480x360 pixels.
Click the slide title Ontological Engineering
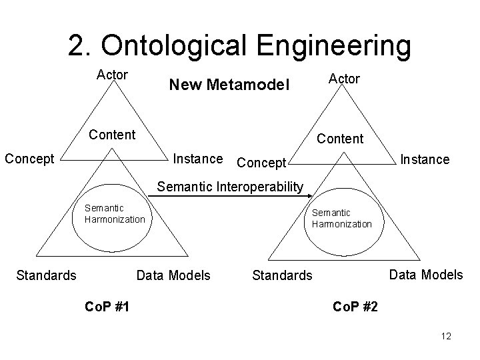239,45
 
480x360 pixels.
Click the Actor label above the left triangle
112,74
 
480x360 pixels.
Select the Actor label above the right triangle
343,79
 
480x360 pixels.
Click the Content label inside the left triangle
112,135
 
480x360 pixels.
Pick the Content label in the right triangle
340,139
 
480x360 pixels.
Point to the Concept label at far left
29,159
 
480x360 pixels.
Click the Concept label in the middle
261,163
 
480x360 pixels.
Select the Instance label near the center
198,159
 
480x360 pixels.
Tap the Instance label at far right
424,160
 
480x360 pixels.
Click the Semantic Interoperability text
229,187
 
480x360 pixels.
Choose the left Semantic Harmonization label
115,214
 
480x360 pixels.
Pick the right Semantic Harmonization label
341,218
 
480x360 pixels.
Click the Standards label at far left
46,274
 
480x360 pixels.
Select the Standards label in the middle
282,275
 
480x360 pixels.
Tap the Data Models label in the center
173,274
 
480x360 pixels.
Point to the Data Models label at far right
425,274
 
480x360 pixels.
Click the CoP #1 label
108,306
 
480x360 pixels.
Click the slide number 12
446,336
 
